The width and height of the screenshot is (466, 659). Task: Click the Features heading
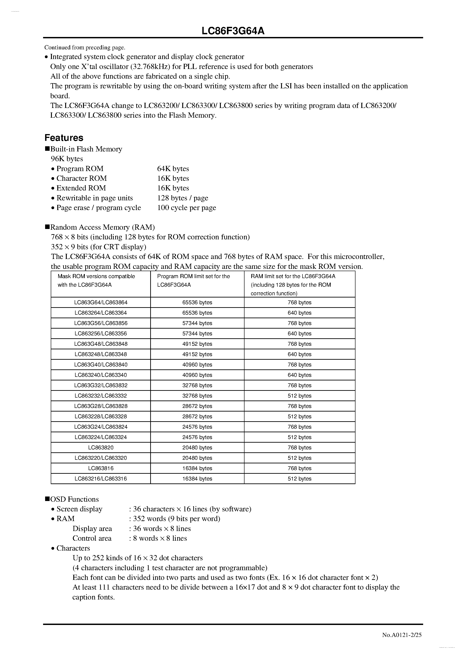64,138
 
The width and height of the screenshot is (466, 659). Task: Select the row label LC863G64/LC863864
101,302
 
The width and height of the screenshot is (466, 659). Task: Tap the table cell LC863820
101,447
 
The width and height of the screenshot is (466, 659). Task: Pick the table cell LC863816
101,468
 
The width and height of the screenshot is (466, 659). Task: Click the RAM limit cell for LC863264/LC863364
299,313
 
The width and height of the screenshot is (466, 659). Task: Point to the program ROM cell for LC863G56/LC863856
197,323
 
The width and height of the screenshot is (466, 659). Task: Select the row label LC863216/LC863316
101,478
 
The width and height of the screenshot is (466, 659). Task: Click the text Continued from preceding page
85,47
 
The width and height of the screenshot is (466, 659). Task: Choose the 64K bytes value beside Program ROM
173,169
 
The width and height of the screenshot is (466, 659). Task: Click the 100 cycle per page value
187,208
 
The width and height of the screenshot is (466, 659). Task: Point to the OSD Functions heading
74,499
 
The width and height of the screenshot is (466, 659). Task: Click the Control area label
92,538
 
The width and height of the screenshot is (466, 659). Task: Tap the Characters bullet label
73,548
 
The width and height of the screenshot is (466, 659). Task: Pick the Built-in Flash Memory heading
86,149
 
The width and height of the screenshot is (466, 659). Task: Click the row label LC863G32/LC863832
101,385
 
